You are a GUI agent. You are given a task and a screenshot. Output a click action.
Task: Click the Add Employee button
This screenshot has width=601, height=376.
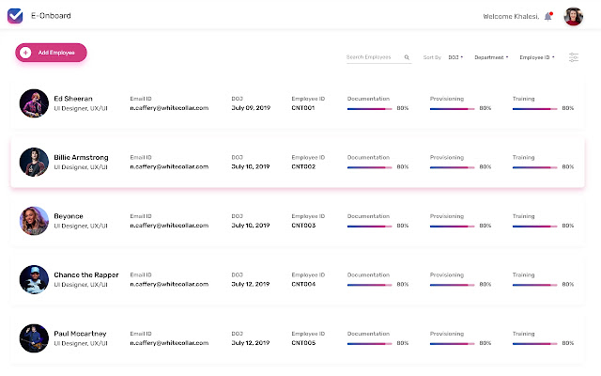coord(52,53)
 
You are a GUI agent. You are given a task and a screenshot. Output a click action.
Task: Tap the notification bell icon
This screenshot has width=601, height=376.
coord(548,16)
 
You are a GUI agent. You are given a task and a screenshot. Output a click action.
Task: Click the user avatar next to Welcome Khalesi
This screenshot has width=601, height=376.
coord(573,16)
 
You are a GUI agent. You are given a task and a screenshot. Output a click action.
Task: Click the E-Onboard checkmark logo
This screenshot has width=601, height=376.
coord(15,16)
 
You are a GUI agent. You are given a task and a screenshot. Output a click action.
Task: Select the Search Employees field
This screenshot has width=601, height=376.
coord(376,57)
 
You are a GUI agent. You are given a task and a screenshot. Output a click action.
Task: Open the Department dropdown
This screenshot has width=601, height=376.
coord(491,57)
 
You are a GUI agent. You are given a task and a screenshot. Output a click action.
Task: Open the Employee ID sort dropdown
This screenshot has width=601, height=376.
coord(537,57)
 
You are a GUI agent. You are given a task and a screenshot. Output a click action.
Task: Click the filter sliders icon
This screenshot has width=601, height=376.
coord(573,57)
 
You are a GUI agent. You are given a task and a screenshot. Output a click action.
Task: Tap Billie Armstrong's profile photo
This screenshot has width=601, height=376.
coord(33,162)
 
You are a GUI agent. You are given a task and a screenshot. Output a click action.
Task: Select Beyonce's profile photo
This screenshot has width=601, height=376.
coord(33,221)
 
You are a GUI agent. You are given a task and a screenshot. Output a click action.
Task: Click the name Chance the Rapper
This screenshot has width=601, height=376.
coord(86,274)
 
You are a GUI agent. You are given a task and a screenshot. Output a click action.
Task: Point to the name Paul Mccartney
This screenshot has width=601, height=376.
coord(80,333)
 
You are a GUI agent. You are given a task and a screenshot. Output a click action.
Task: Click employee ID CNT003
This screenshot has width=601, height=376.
coord(302,227)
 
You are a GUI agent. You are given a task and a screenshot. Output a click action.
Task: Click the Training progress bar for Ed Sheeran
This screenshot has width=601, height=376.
coord(534,109)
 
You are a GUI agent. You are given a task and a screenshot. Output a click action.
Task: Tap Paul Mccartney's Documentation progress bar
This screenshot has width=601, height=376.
coord(369,344)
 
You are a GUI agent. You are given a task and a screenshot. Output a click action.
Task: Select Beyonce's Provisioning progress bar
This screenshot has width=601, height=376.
coord(452,227)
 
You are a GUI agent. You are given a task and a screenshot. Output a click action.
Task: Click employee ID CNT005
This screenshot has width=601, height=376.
coord(302,344)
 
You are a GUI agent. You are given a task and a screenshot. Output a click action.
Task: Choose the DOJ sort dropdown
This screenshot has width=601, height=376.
coord(455,57)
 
